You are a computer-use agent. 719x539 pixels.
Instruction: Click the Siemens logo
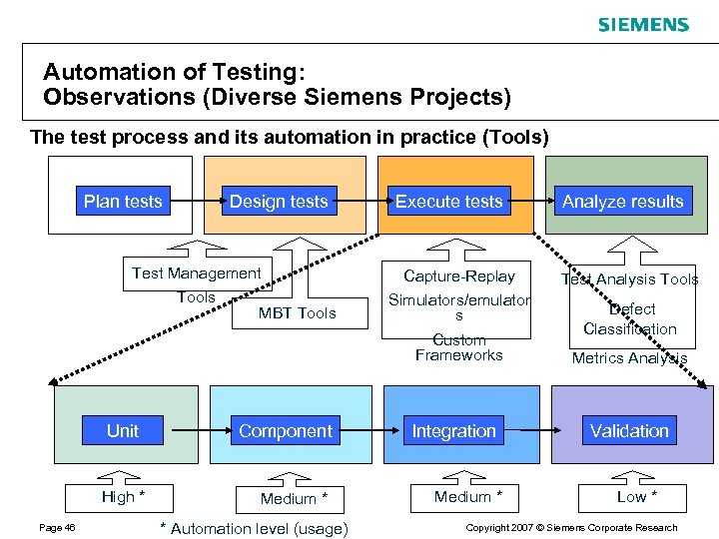point(643,25)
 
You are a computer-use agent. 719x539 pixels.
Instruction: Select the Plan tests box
point(123,202)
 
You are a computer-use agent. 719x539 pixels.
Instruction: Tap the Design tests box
point(279,202)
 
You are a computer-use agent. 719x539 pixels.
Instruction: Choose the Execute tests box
point(449,202)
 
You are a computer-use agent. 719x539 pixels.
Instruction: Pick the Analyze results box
point(622,202)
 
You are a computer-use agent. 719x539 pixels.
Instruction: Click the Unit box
point(123,431)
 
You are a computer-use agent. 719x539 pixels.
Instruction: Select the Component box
point(286,431)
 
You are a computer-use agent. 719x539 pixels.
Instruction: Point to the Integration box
point(454,431)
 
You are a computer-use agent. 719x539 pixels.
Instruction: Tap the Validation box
point(629,431)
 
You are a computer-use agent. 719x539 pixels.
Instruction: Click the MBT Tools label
point(298,313)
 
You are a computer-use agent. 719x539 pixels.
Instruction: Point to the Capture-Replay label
point(459,276)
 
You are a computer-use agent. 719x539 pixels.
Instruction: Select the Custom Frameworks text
point(459,347)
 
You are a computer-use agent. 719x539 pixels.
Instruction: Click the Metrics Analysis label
point(629,358)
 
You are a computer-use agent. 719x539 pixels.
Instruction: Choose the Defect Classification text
point(630,319)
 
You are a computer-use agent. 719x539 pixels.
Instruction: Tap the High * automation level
point(123,497)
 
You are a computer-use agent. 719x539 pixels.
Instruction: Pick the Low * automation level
point(637,497)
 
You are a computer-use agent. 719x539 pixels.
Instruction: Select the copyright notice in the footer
point(572,528)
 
